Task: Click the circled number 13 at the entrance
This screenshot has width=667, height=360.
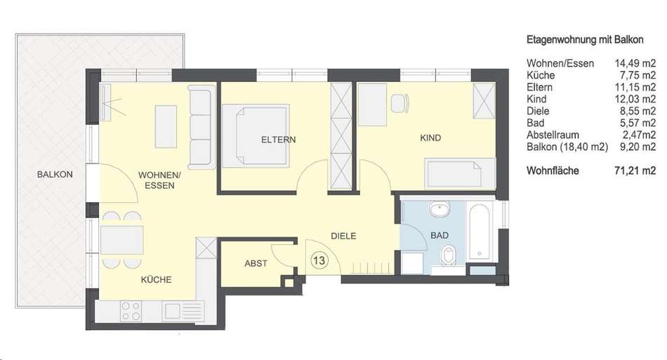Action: pyautogui.click(x=319, y=260)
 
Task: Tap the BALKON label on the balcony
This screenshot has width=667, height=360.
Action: pyautogui.click(x=55, y=174)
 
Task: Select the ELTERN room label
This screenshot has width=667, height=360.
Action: pyautogui.click(x=278, y=140)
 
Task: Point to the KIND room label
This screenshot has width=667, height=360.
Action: pyautogui.click(x=430, y=138)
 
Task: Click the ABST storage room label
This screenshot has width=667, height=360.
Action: pyautogui.click(x=256, y=264)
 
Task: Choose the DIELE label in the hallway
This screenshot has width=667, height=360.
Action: pyautogui.click(x=344, y=236)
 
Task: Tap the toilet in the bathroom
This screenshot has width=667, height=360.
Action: pyautogui.click(x=447, y=256)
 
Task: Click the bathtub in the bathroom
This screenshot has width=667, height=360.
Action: pyautogui.click(x=480, y=232)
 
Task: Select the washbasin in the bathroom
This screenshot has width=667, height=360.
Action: pyautogui.click(x=440, y=209)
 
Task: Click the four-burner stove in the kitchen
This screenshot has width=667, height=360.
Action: pyautogui.click(x=131, y=311)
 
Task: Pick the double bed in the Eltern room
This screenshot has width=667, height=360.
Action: pyautogui.click(x=256, y=135)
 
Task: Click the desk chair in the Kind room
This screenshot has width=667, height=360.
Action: pyautogui.click(x=400, y=103)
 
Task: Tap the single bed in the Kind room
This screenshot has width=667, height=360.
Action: pyautogui.click(x=461, y=173)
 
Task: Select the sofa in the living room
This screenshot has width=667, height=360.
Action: pyautogui.click(x=202, y=126)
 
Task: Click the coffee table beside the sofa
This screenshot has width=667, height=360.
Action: pyautogui.click(x=166, y=126)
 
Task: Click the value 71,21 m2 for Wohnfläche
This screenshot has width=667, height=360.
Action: pyautogui.click(x=635, y=171)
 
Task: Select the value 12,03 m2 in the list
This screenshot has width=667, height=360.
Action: pyautogui.click(x=635, y=99)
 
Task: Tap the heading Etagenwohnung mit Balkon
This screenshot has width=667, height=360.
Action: pyautogui.click(x=585, y=40)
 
